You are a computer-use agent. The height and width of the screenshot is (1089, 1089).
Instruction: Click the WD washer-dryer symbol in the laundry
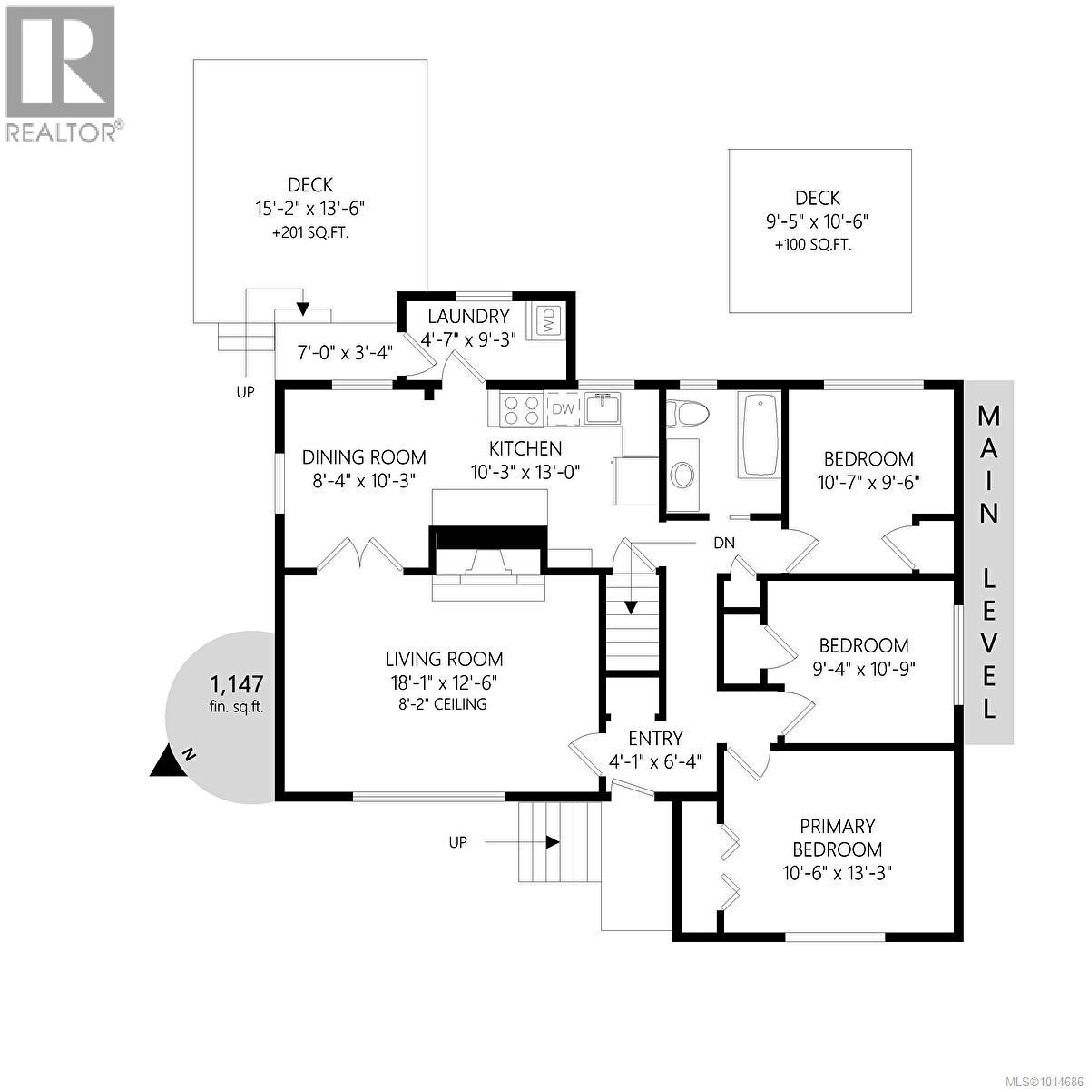click(x=548, y=320)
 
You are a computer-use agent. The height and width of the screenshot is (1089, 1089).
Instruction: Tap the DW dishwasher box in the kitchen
click(x=564, y=409)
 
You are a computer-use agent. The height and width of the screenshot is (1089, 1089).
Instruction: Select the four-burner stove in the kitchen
click(x=521, y=408)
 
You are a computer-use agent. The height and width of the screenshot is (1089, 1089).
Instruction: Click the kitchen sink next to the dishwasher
click(x=602, y=408)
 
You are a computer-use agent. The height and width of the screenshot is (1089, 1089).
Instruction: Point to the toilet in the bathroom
click(x=686, y=414)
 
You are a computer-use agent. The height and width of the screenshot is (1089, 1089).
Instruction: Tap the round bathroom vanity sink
click(x=682, y=474)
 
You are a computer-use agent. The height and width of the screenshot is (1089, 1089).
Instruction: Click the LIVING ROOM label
click(x=444, y=660)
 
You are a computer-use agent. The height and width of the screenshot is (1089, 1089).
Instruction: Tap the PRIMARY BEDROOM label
click(x=837, y=838)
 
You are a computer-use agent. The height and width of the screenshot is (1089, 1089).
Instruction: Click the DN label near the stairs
click(x=723, y=543)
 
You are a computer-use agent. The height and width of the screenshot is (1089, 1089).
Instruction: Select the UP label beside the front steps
click(x=458, y=842)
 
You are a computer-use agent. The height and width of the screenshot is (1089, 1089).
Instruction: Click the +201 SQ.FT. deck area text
click(x=310, y=233)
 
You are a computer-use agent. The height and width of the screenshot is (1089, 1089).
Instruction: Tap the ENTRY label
click(x=655, y=738)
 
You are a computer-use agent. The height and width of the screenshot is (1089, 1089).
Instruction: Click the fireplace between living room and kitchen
click(x=489, y=557)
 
